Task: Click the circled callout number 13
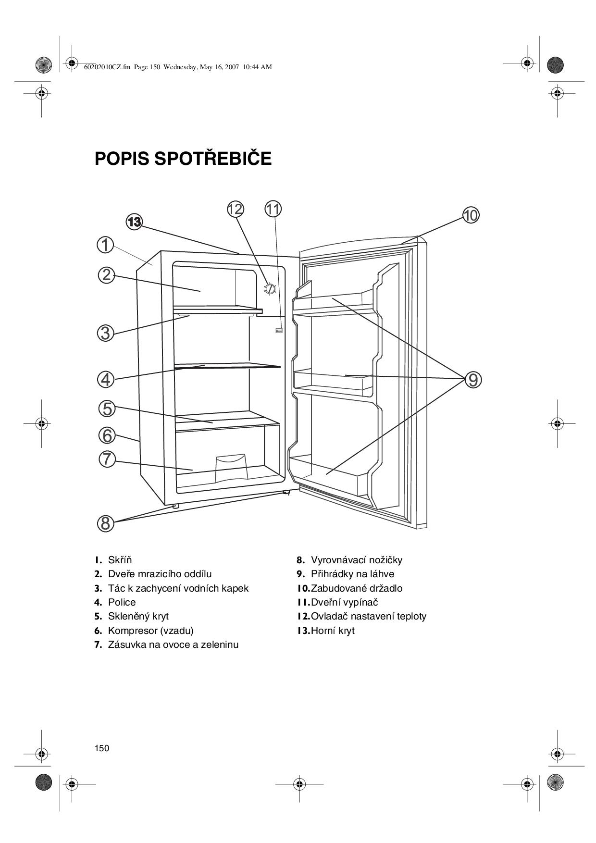click(134, 222)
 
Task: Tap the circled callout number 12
click(236, 209)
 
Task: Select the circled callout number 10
click(471, 215)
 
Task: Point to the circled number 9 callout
click(473, 380)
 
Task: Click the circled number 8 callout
click(106, 523)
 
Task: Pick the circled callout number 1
click(105, 245)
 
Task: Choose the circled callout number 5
click(107, 409)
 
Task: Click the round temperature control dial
click(270, 288)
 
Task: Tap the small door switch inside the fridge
click(279, 331)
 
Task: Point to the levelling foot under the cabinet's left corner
click(175, 506)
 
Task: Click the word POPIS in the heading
click(121, 159)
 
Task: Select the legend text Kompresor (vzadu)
click(150, 631)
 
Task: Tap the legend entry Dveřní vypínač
click(344, 602)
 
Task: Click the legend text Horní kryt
click(333, 631)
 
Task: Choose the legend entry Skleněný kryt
click(138, 616)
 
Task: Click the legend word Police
click(122, 602)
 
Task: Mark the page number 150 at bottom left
click(102, 748)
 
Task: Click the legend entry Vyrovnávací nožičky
click(356, 560)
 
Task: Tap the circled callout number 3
click(106, 333)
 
